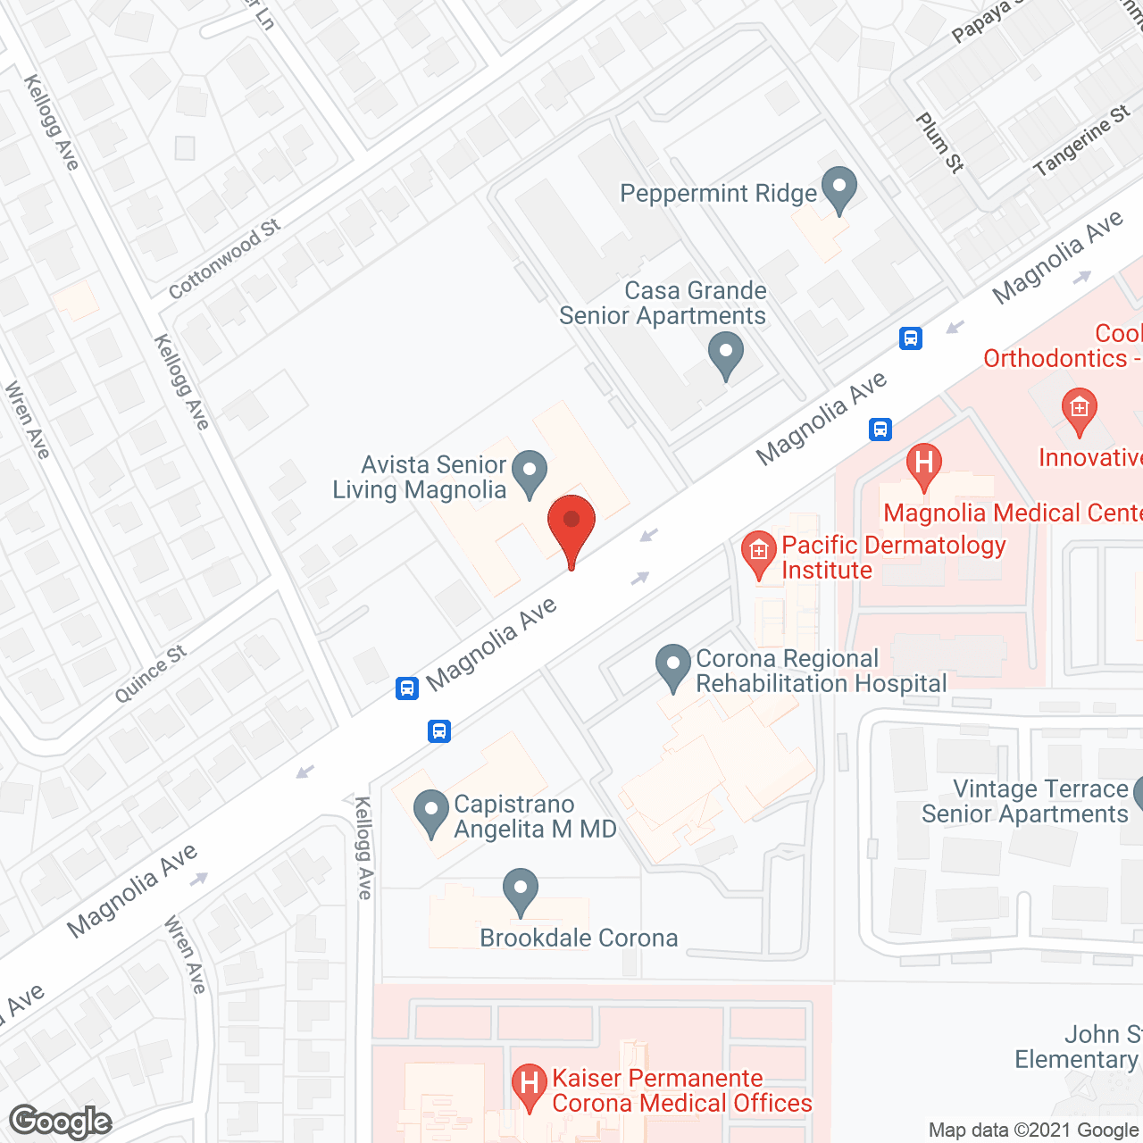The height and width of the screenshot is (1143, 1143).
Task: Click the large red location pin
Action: point(571,526)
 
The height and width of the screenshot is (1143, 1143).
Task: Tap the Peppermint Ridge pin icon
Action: point(838,188)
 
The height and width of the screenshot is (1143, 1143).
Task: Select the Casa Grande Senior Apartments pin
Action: point(726,354)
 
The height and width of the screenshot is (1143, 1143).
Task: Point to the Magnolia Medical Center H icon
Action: point(923,464)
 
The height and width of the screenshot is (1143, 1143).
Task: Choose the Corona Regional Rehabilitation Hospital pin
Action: point(673,667)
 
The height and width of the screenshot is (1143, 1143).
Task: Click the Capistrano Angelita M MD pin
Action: point(431,813)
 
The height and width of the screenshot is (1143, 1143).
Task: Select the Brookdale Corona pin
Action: point(520,890)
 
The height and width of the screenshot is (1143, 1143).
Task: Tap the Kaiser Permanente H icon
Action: point(530,1086)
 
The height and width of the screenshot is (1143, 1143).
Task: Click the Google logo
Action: point(61,1122)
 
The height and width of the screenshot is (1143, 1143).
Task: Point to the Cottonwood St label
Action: point(224,259)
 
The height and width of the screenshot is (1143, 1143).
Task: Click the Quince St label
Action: point(151,673)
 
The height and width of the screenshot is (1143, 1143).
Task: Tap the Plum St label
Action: point(939,142)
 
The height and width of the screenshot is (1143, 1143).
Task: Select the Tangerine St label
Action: point(1081,141)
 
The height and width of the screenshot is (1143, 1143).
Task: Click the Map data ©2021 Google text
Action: point(1034,1130)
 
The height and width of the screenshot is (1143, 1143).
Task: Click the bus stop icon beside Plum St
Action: point(911,338)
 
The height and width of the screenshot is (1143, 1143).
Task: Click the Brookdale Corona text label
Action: point(579,938)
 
